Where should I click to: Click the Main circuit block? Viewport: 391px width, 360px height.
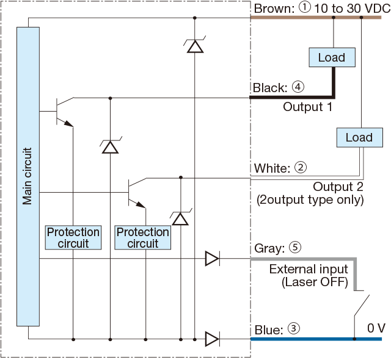pos(28,176)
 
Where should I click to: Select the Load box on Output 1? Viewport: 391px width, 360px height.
pos(332,57)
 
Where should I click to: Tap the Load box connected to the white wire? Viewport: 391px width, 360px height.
pos(360,137)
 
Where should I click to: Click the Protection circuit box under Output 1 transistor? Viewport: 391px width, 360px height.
pos(73,237)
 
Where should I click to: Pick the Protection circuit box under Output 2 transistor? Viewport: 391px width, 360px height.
pos(142,237)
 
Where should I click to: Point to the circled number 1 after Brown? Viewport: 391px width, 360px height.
pos(304,7)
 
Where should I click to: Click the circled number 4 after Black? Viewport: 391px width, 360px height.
pos(298,87)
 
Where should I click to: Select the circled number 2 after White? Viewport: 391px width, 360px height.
pos(301,167)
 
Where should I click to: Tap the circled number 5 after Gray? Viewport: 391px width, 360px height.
pos(295,247)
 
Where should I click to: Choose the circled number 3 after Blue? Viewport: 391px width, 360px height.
pos(294,328)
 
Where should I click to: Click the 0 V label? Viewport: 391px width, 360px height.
pos(376,328)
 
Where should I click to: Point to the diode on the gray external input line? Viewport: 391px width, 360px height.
pos(213,259)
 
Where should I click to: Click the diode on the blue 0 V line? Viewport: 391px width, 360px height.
pos(213,339)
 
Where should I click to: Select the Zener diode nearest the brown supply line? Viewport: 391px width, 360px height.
pos(195,45)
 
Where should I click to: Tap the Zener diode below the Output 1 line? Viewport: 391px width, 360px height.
pos(110,145)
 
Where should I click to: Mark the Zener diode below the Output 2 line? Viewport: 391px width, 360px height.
pos(181,218)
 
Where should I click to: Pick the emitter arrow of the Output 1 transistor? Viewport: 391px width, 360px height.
pos(68,123)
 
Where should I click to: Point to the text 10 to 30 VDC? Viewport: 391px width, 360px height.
pos(353,9)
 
